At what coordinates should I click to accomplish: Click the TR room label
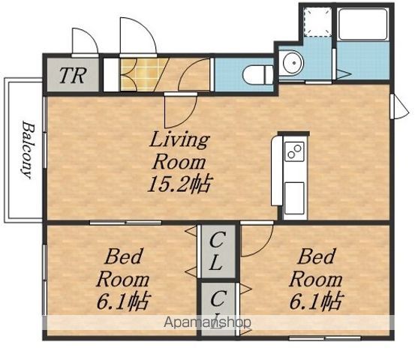pos(73,76)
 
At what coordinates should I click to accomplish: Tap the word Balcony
pos(28,150)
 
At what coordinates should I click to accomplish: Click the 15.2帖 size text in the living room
pos(179,184)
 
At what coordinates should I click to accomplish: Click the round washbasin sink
pos(293,63)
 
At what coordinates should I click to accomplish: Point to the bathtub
pos(362,24)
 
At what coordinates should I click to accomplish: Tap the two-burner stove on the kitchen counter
pos(294,151)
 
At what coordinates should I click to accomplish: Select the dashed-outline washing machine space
pos(317,22)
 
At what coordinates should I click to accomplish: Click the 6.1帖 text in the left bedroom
pos(124,301)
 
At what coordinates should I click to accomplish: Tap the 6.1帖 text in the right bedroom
pos(317,301)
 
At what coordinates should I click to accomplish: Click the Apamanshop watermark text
pos(207,322)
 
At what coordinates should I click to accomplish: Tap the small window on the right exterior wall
pos(400,106)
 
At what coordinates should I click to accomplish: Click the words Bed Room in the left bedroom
pos(123,268)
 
